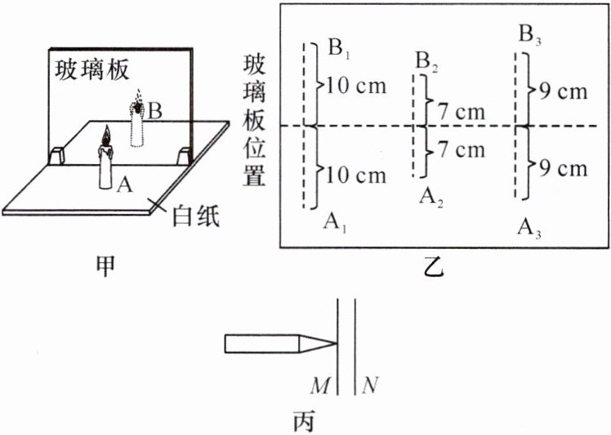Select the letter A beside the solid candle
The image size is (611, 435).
tap(123, 185)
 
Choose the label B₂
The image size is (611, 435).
tap(425, 62)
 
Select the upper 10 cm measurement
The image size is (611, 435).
tap(356, 85)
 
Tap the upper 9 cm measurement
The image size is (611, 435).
tap(557, 91)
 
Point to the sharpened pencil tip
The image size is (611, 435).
tap(331, 344)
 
